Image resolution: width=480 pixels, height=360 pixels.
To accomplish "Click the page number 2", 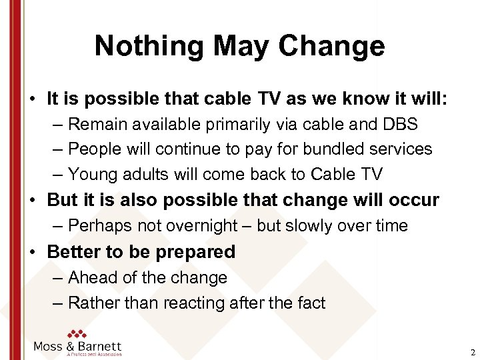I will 473,352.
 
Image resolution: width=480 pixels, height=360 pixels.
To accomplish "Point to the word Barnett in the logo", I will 100,347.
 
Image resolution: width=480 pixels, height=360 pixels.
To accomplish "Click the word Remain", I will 94,124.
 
